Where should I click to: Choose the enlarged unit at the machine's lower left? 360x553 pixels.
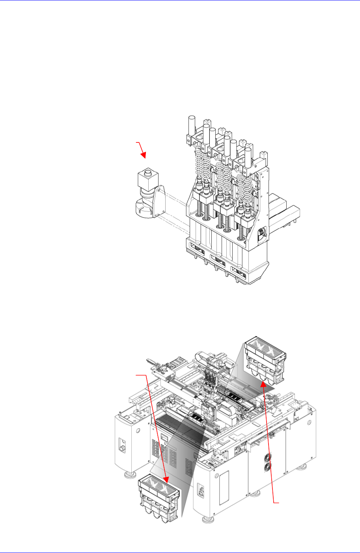tap(160, 498)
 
